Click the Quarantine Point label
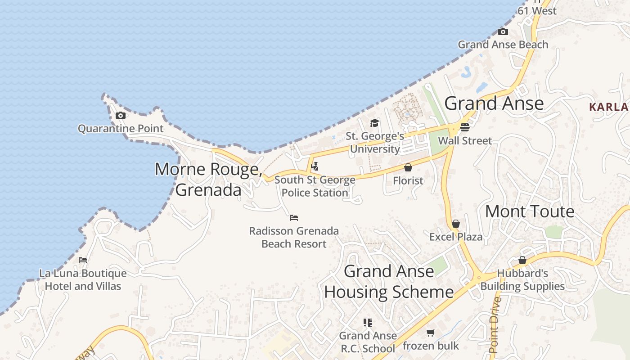(121, 129)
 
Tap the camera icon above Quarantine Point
(120, 116)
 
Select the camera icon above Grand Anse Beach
(503, 32)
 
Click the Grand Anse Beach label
(503, 45)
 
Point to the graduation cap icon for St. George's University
(374, 123)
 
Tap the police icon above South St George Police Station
(315, 166)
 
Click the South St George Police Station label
(315, 186)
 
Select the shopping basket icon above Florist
(408, 168)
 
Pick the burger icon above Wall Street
(465, 127)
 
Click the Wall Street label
(465, 140)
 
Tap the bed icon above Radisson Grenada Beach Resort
(294, 218)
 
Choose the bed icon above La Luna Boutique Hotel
(83, 260)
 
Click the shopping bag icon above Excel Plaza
(456, 224)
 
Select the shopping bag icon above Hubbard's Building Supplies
(522, 260)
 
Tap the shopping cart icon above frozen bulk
(431, 333)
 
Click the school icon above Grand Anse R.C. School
(368, 322)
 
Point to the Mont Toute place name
(530, 211)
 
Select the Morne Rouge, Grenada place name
(208, 180)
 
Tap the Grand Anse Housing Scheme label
(389, 282)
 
